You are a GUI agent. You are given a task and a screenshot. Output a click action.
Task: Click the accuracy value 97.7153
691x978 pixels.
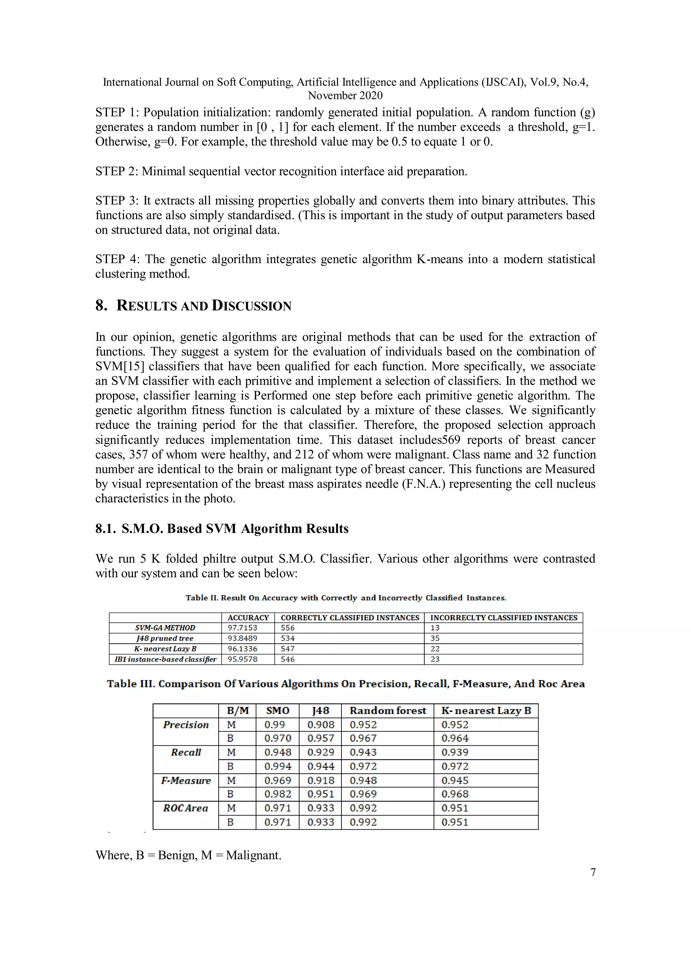pyautogui.click(x=242, y=628)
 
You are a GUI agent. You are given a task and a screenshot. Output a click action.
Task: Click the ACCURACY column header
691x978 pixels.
pyautogui.click(x=248, y=618)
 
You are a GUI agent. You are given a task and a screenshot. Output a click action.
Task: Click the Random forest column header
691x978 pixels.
pyautogui.click(x=387, y=711)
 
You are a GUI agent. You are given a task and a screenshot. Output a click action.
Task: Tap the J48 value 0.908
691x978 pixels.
pyautogui.click(x=321, y=725)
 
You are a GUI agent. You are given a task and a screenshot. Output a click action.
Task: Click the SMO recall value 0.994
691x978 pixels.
pyautogui.click(x=277, y=767)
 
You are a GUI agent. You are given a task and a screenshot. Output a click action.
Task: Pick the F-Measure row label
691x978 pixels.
pyautogui.click(x=186, y=781)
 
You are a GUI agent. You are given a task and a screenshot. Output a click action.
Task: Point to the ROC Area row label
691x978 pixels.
pyautogui.click(x=186, y=808)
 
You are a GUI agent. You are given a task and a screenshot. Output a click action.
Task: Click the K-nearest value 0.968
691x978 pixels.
pyautogui.click(x=454, y=794)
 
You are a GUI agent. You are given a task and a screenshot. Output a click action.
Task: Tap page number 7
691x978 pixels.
pyautogui.click(x=593, y=872)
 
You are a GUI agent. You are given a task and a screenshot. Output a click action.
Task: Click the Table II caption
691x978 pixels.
pyautogui.click(x=345, y=598)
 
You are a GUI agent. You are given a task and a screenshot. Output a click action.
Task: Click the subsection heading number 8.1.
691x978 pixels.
pyautogui.click(x=105, y=529)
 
